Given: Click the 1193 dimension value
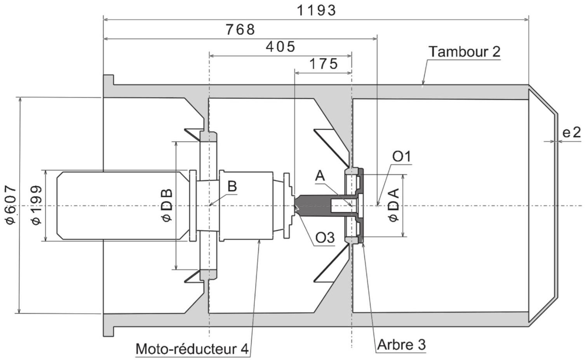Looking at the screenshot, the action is pos(316,11).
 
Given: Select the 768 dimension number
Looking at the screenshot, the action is pos(240,30).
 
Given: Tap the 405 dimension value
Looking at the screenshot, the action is pos(280,47).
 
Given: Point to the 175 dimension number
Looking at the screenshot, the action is pos(324,64).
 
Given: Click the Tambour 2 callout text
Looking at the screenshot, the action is pos(464,51).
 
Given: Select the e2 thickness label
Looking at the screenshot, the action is pos(571,133).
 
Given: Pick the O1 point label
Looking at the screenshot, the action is pos(402,156).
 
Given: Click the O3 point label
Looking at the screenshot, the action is pos(325,238).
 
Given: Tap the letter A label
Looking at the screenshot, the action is pos(320,176).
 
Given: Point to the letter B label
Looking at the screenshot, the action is pos(232,186).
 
